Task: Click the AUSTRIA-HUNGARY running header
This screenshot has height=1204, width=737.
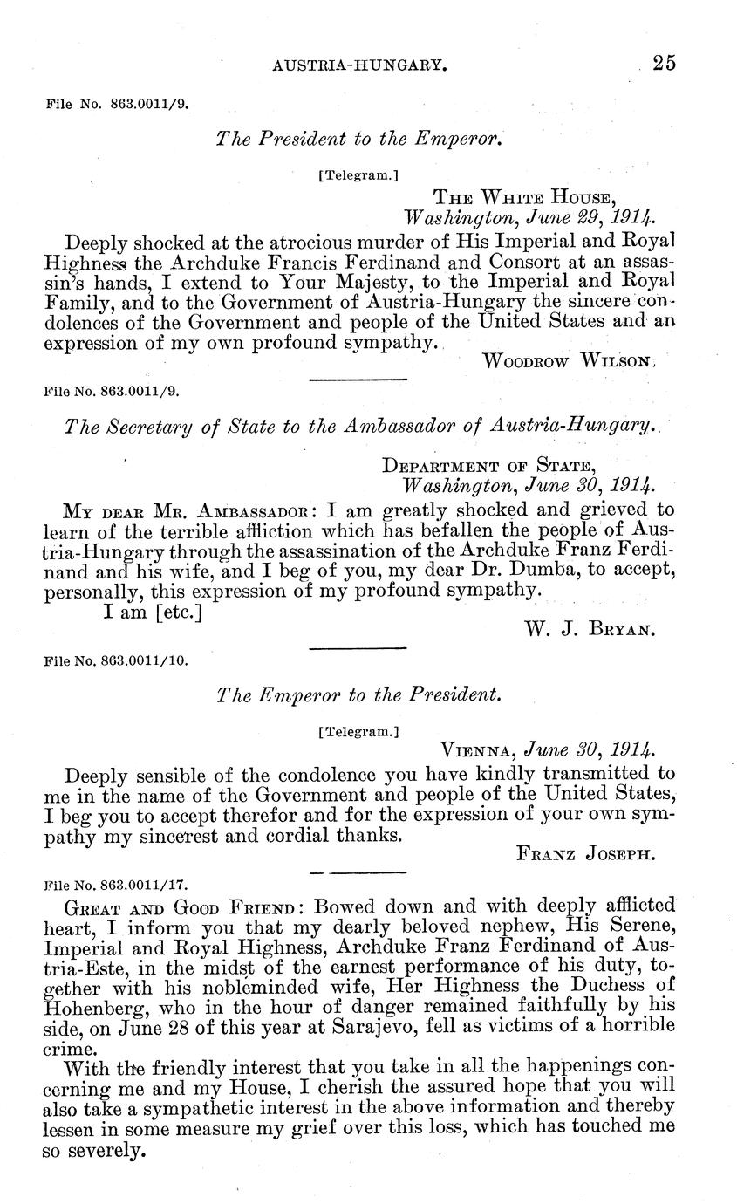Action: (x=360, y=65)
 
